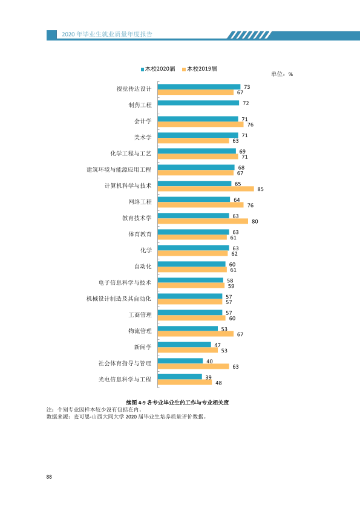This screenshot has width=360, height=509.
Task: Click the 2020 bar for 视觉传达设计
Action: point(199,86)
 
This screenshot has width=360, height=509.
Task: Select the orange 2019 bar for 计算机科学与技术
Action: point(206,189)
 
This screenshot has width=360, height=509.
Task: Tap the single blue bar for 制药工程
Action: point(198,103)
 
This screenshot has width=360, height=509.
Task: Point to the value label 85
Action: point(260,189)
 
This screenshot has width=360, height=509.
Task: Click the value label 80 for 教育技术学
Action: point(255,221)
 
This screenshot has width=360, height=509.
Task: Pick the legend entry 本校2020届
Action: point(158,69)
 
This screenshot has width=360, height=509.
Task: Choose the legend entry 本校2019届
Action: point(200,69)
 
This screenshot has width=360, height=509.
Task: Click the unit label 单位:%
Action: point(282,74)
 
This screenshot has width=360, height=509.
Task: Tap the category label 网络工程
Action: point(140,202)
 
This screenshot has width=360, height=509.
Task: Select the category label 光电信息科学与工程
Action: point(125,379)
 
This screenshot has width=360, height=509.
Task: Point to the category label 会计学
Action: point(143,121)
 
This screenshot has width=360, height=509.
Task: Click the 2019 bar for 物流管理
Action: point(195,334)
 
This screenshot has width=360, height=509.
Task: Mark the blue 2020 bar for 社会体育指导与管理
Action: point(180,361)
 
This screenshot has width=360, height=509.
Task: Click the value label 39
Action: point(208,377)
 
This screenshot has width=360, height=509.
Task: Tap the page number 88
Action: point(49,477)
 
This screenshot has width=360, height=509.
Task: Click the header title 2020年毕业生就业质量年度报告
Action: point(107,34)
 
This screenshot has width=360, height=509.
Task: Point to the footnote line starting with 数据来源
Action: point(126,417)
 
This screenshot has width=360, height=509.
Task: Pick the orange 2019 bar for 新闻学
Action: point(188,350)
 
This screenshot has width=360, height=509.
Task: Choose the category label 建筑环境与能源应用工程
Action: point(119,169)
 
